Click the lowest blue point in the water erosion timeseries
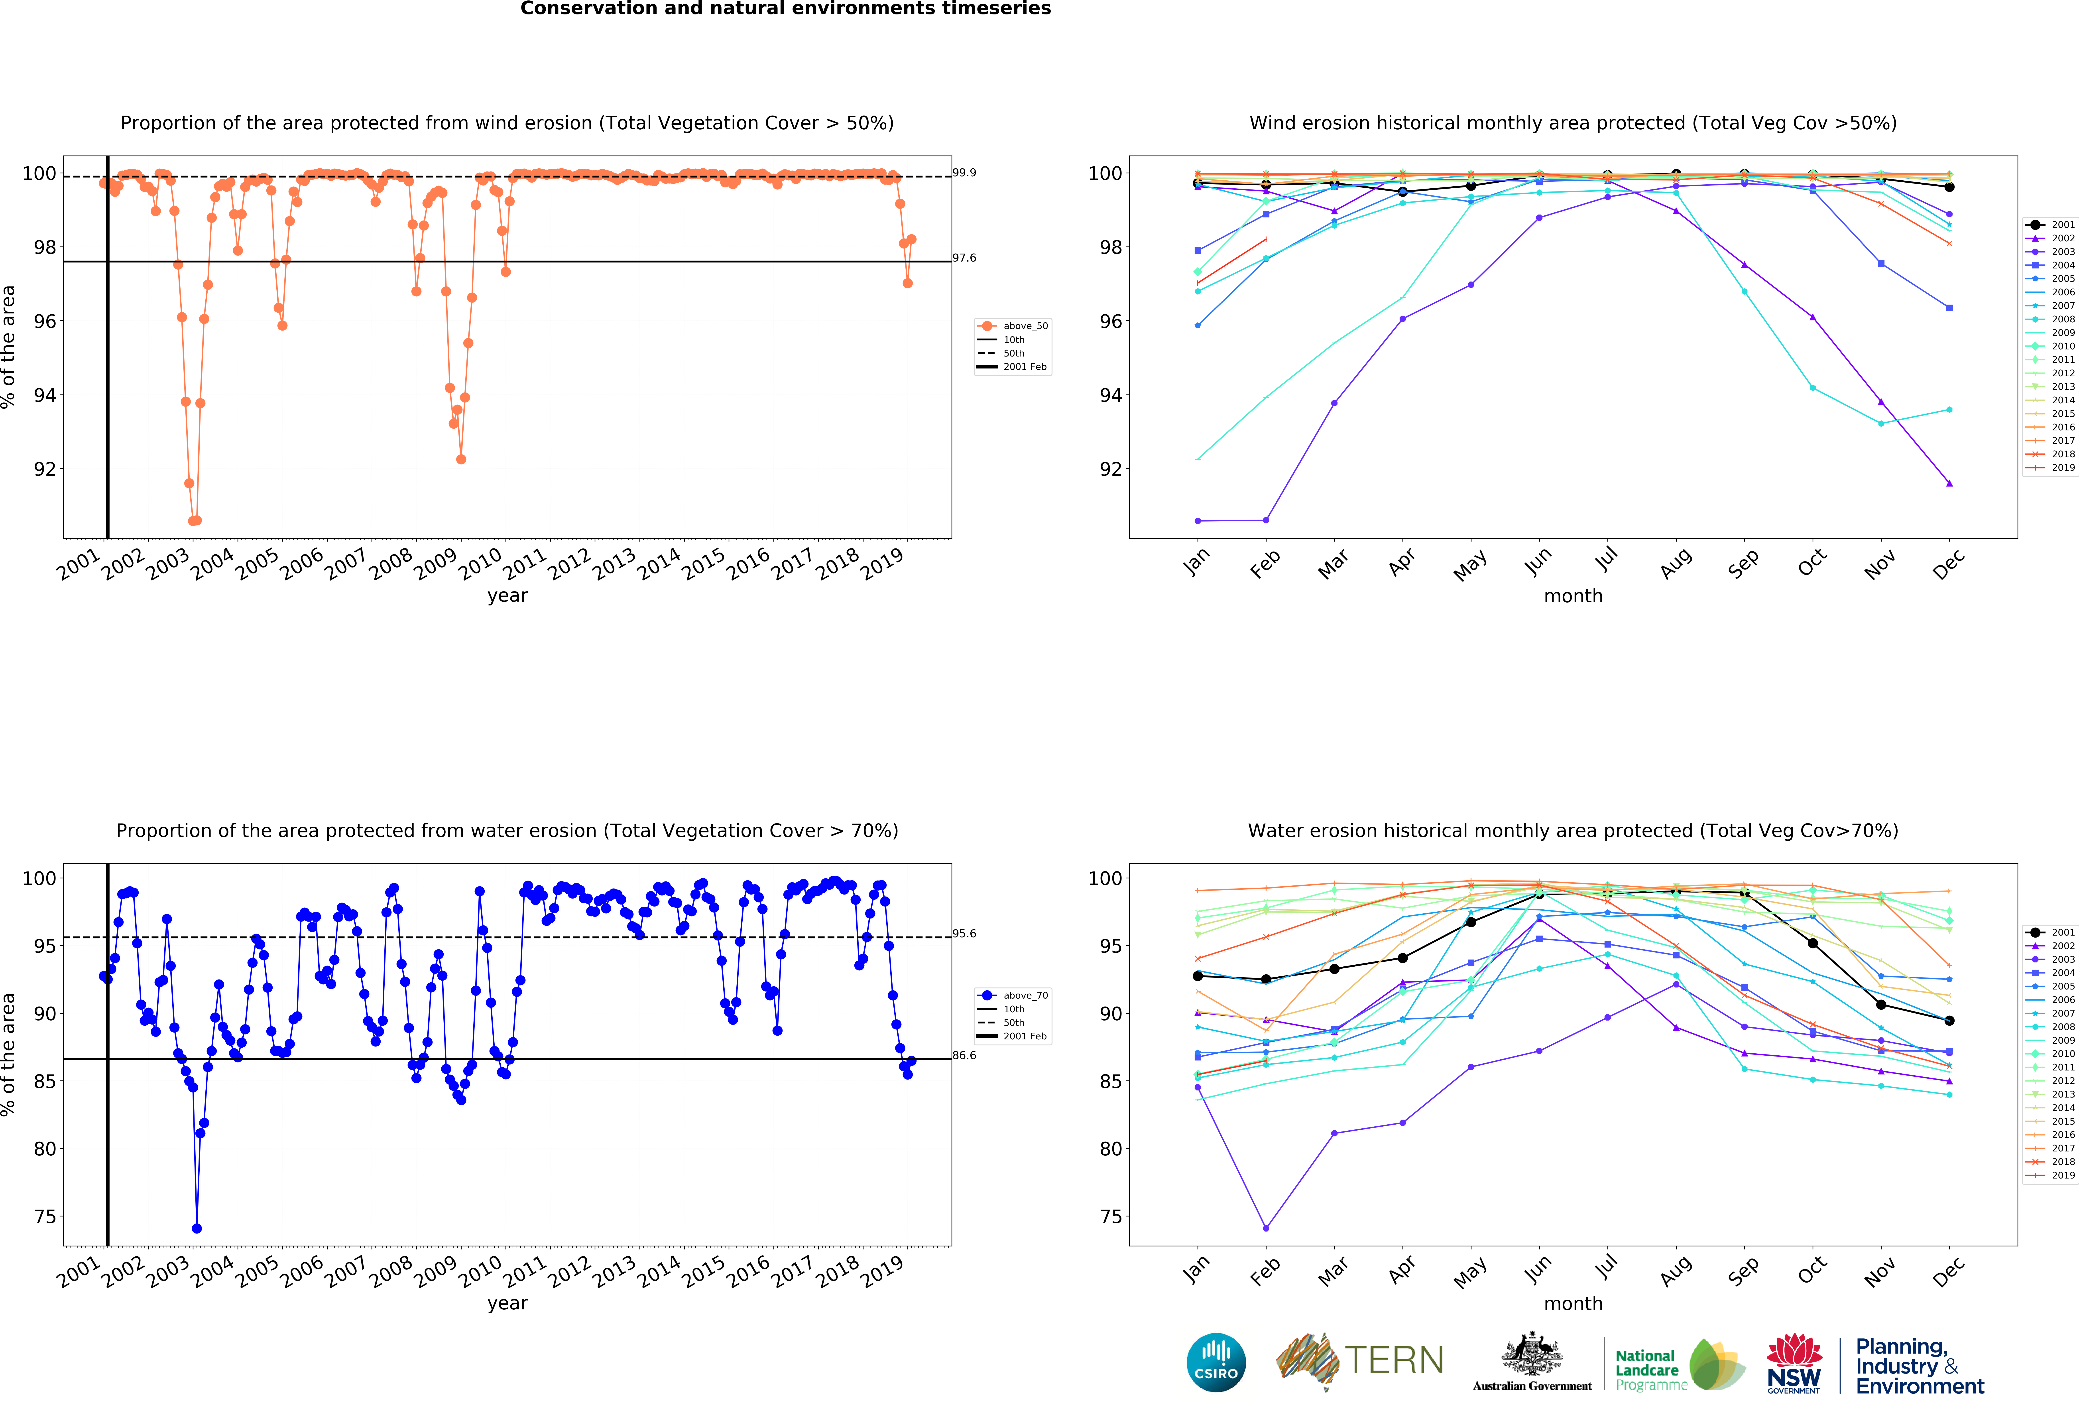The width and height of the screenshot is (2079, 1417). (197, 1228)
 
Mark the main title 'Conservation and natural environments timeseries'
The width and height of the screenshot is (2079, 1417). (785, 9)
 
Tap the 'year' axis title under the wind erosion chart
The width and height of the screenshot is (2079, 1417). (507, 596)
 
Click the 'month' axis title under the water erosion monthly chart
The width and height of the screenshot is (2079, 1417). (1573, 1303)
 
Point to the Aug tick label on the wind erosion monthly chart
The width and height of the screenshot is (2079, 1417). (1676, 564)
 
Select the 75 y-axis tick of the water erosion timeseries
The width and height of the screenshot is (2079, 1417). (45, 1217)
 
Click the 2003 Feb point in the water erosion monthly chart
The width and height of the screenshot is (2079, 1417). (1266, 1228)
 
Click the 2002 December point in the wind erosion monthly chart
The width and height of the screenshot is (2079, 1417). (1949, 483)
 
